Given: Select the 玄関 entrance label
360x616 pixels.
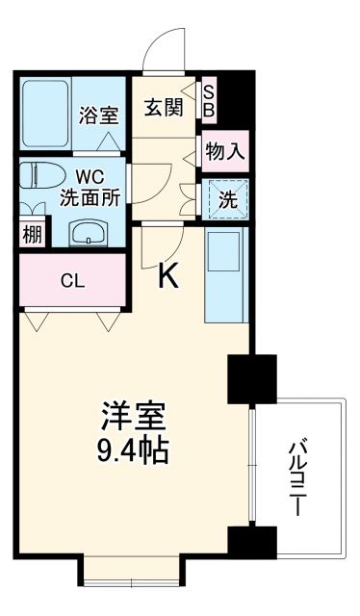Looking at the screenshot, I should [164, 107].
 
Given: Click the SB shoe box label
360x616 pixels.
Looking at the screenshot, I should [209, 100].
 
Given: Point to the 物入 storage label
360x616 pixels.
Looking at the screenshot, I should [224, 151].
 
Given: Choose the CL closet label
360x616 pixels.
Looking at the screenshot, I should [71, 282].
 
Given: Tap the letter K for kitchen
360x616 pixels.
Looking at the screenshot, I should [168, 277].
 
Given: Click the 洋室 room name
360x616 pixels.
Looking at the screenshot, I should [135, 418].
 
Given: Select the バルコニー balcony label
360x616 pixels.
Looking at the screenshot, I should [299, 475].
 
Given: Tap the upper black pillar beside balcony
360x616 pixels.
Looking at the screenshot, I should [251, 379].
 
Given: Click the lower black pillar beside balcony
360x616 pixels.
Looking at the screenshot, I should [251, 544].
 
